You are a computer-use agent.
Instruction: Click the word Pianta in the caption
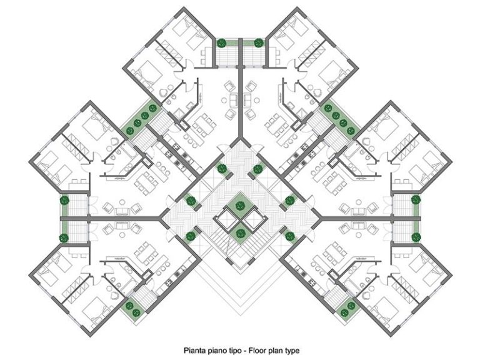coord(193,350)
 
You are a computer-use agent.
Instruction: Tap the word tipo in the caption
coord(232,351)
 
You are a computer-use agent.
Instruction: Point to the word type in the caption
coord(292,351)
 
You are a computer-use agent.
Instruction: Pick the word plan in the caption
coord(275,351)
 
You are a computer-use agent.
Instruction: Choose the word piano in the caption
coord(214,351)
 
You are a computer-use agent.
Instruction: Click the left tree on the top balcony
coord(221,43)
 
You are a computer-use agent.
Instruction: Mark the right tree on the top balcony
coord(258,43)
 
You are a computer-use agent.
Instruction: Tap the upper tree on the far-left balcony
coord(64,201)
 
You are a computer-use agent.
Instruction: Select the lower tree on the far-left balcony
coord(64,237)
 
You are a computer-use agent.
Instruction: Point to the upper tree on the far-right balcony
coord(416,200)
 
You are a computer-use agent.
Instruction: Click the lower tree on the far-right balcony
coord(416,237)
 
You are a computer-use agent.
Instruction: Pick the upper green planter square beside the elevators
coord(240,204)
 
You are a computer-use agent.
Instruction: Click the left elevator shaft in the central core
coord(226,219)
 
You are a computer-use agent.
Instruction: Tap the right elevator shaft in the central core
coord(254,219)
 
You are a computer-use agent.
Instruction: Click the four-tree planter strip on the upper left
coord(141,119)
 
